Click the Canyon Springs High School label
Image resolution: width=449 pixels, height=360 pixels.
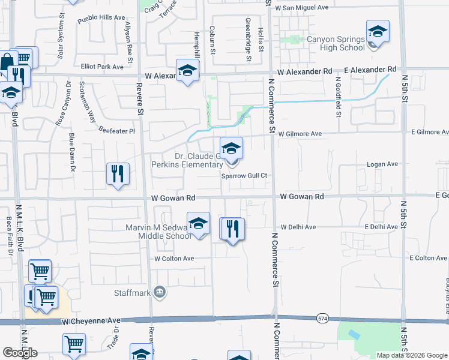tap(336, 43)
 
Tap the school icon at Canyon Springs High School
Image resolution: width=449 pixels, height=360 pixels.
tap(378, 32)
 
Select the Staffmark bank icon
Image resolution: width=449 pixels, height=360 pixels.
tap(160, 293)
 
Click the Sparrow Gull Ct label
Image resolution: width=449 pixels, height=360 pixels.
tap(243, 176)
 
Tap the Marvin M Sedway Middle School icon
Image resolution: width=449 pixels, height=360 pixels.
tap(198, 224)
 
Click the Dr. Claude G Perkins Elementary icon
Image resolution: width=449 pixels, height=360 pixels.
tap(232, 149)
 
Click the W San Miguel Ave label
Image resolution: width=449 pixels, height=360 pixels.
tap(302, 8)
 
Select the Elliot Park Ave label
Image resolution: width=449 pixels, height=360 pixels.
tap(102, 67)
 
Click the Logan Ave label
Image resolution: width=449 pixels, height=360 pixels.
tap(383, 164)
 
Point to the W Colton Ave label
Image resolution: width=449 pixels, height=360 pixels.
tap(174, 259)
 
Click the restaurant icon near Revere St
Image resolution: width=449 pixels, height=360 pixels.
tap(118, 175)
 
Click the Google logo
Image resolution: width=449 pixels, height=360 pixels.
tap(19, 353)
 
